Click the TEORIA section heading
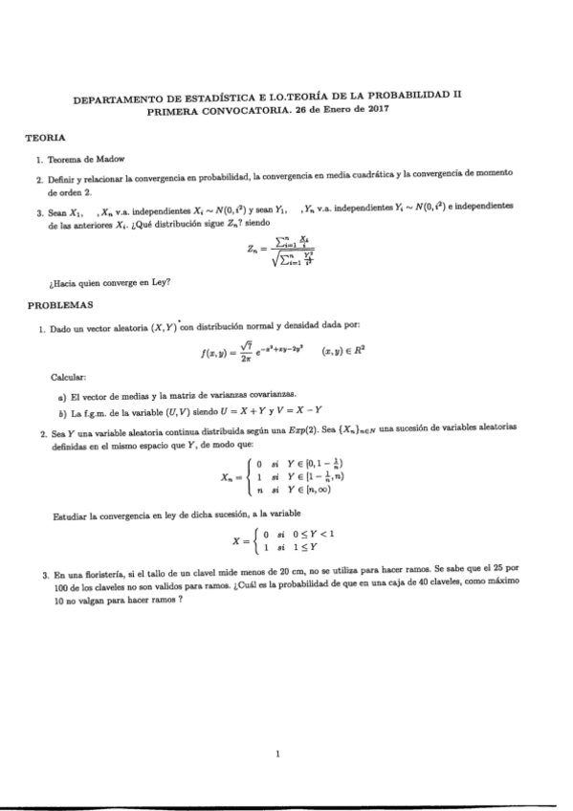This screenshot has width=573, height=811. coord(45,139)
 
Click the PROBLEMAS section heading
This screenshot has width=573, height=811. coord(60,304)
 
